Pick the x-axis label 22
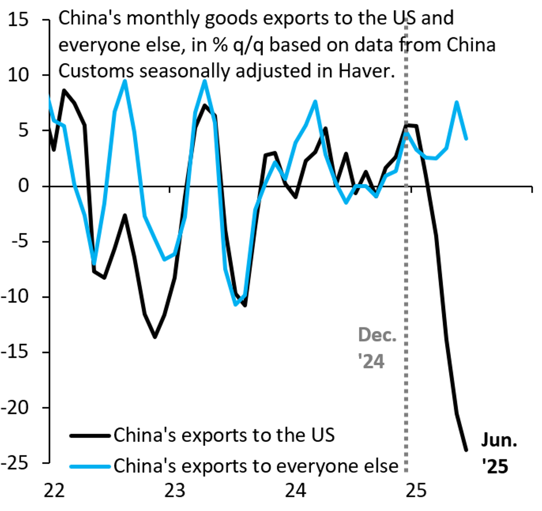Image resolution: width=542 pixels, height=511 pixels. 55,490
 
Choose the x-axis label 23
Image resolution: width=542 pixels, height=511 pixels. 174,490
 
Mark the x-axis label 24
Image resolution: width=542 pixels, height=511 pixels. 296,490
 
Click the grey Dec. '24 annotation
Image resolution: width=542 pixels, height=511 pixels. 377,348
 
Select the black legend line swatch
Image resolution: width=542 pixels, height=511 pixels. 90,435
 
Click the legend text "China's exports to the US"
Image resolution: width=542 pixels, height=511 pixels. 224,435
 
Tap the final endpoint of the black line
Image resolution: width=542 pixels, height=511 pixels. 466,450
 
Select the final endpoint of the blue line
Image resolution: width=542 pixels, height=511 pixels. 466,139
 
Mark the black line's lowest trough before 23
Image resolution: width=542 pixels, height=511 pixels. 155,337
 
